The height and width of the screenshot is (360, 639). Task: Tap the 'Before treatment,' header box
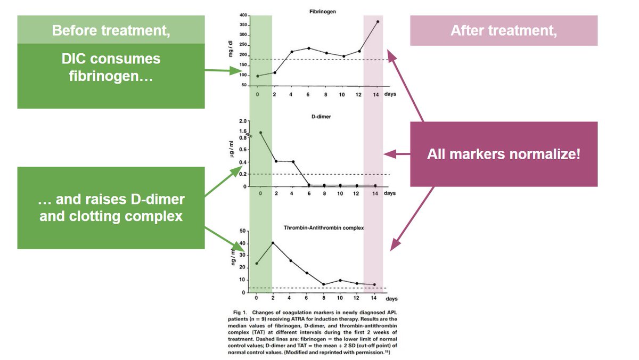click(x=111, y=30)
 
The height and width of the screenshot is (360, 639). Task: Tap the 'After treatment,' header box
click(x=503, y=30)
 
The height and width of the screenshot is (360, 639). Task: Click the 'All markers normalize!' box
click(x=503, y=154)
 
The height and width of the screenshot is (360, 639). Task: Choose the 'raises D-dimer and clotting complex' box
click(x=111, y=208)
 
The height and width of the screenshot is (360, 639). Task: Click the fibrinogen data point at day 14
click(x=378, y=22)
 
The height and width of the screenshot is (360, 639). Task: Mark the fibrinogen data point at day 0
click(x=258, y=76)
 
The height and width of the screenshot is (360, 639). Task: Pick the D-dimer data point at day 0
click(x=260, y=133)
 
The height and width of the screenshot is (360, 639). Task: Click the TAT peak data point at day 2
click(x=273, y=243)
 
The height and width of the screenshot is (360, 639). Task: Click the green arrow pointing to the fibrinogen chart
click(x=224, y=70)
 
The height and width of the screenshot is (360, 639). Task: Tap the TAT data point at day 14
click(x=375, y=285)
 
